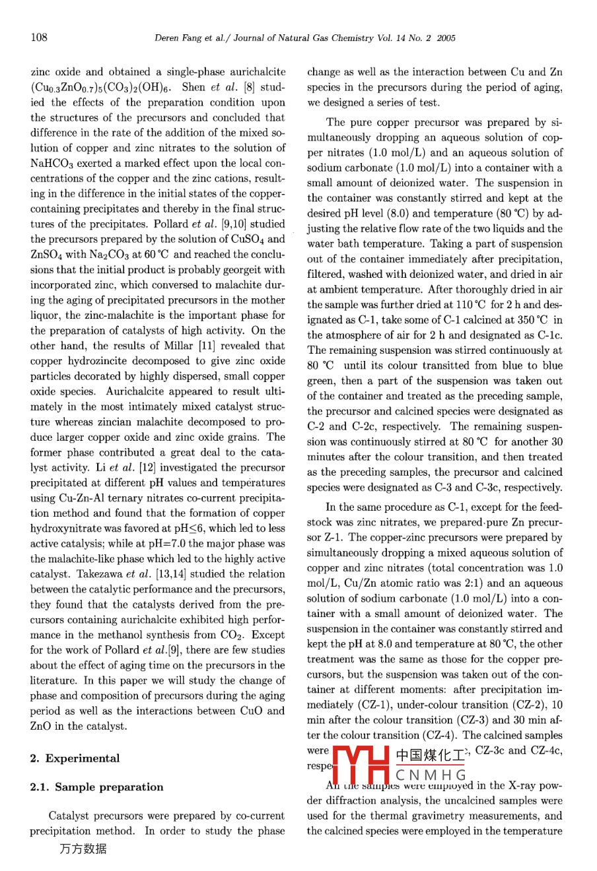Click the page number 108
coord(39,38)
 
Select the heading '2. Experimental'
coord(75,758)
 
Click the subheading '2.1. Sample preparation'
coord(96,787)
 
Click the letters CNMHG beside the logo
coord(431,775)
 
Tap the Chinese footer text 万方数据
coord(83,849)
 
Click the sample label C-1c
coord(548,335)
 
